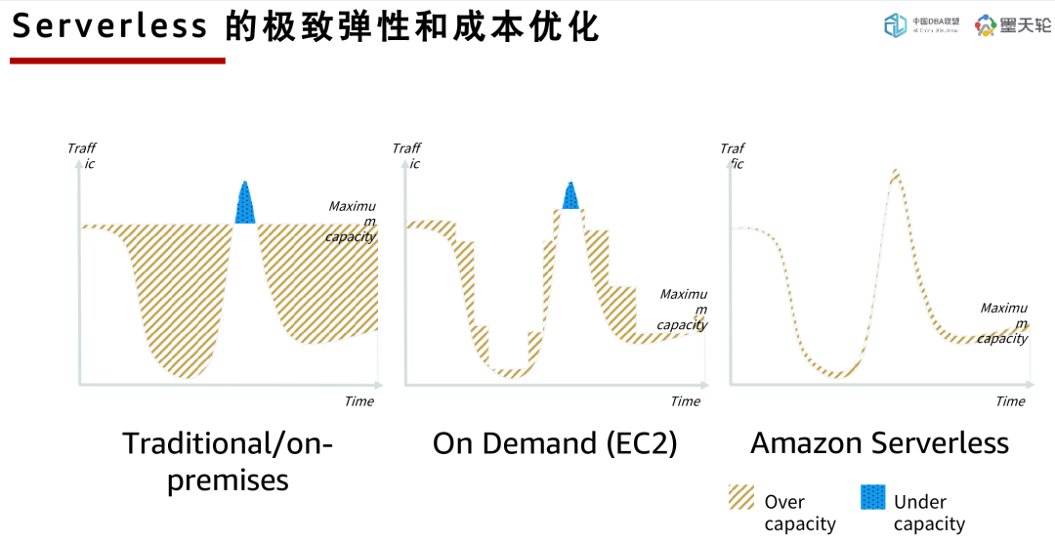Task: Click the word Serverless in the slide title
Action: click(x=109, y=26)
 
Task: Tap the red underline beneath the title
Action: click(x=117, y=61)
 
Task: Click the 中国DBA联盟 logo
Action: click(x=919, y=25)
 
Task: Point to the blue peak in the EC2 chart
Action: click(x=570, y=196)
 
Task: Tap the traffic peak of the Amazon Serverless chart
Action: click(x=894, y=176)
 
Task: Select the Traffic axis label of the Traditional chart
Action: click(x=82, y=155)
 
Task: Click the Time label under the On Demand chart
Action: click(x=685, y=401)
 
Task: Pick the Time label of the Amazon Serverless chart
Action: click(x=1010, y=401)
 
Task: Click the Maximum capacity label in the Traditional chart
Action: click(x=352, y=222)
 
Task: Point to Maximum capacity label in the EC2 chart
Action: click(x=682, y=310)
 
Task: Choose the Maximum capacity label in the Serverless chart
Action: click(x=1003, y=323)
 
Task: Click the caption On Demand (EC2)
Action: click(x=555, y=444)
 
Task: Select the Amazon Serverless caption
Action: click(x=879, y=443)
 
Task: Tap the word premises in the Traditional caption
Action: click(x=228, y=480)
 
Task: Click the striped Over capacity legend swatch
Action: click(x=741, y=497)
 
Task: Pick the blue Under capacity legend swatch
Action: click(x=872, y=497)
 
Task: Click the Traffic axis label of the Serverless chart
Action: click(x=733, y=156)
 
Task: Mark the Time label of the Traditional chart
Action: click(x=359, y=401)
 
